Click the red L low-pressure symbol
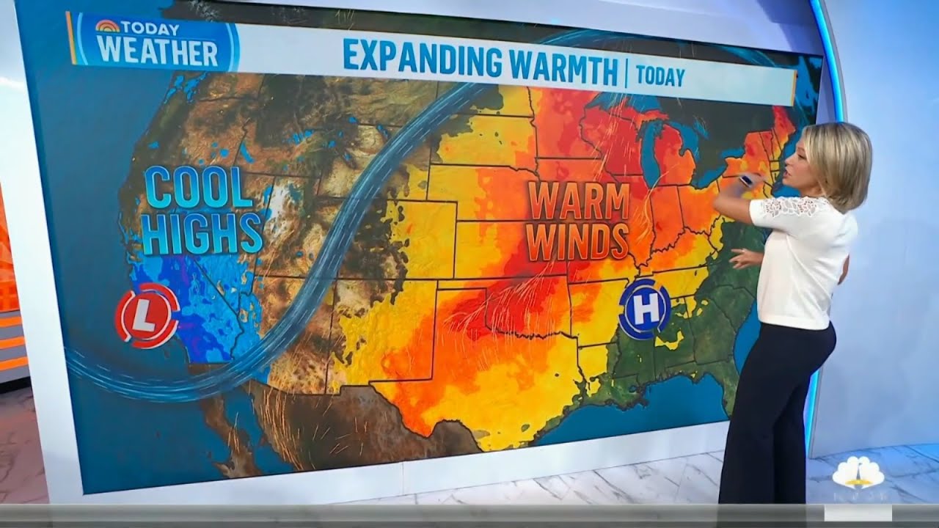click(147, 315)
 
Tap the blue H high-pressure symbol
click(645, 309)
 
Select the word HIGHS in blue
click(202, 232)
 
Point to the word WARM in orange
click(579, 201)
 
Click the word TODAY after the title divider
click(660, 76)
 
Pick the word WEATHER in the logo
click(158, 53)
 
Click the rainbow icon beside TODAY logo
click(107, 27)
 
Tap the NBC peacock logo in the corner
click(857, 474)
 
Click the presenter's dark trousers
click(770, 418)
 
